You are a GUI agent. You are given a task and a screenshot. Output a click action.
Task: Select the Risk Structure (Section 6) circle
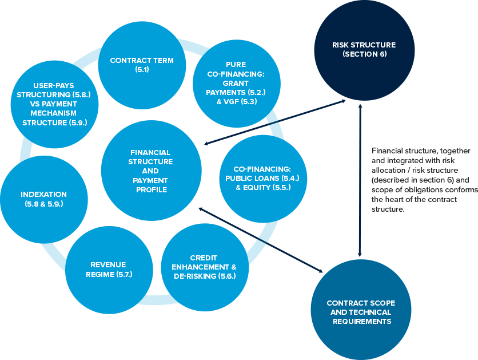point(364,49)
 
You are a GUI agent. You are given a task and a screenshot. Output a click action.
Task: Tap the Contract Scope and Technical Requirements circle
point(360,312)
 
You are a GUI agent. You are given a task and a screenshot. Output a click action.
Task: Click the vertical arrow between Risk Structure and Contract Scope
point(359,177)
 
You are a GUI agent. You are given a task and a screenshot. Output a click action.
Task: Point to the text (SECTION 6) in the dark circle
point(364,54)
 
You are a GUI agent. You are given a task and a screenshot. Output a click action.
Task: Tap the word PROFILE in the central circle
point(151,189)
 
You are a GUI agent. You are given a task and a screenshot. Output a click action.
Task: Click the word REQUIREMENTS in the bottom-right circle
point(362,322)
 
